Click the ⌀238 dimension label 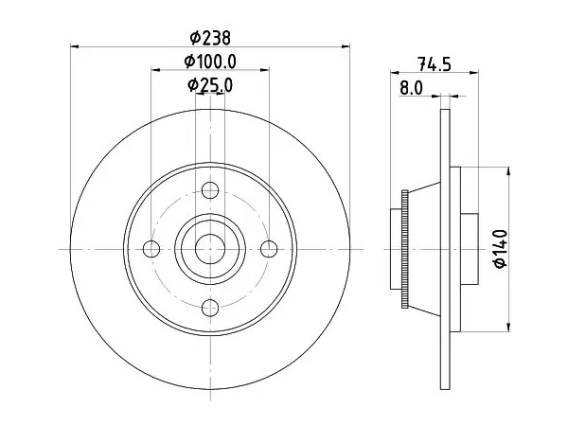pos(210,38)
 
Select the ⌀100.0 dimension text pos(210,62)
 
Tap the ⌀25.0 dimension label pos(210,85)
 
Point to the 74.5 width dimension pos(435,64)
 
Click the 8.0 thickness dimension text pos(411,88)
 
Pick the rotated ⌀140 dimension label pos(500,249)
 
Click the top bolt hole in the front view pos(210,190)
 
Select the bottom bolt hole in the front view pos(210,308)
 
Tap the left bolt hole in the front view pos(151,249)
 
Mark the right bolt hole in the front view pos(269,249)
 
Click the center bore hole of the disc pos(210,249)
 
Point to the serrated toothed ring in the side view pos(405,249)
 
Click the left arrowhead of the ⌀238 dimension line pos(75,46)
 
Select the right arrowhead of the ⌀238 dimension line pos(346,46)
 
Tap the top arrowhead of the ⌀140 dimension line pos(509,171)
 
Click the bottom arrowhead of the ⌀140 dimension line pos(509,327)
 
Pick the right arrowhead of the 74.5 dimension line pos(474,73)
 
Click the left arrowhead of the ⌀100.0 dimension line pos(156,69)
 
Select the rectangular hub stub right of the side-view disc pos(470,249)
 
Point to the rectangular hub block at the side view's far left pos(397,249)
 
